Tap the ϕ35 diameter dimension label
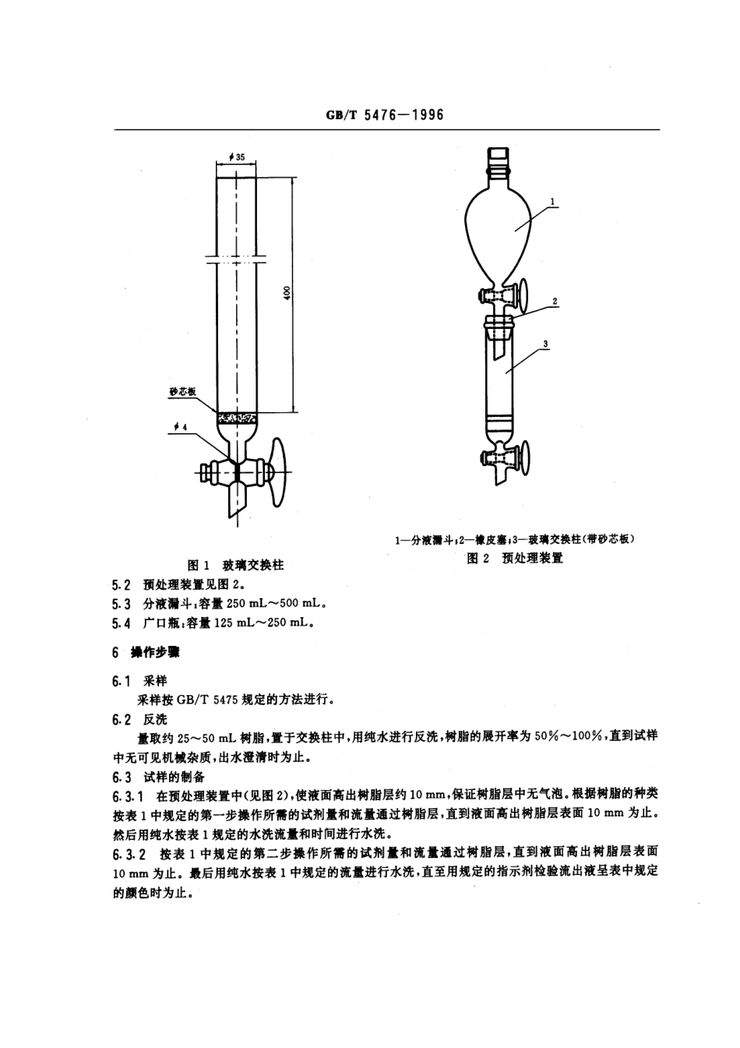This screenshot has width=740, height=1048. click(236, 157)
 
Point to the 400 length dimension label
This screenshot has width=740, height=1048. click(287, 294)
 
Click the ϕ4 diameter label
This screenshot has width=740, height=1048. click(180, 427)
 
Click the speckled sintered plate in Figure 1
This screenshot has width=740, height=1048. click(236, 417)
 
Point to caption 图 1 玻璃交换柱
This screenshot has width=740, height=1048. click(236, 565)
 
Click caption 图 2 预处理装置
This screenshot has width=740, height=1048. click(514, 557)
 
